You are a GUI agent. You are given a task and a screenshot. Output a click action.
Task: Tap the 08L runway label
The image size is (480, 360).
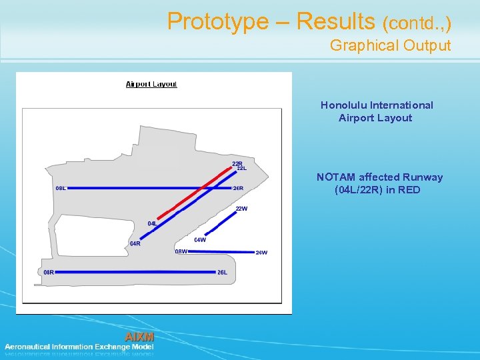(61, 188)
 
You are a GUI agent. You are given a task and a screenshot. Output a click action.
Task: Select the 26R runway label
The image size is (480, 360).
(238, 188)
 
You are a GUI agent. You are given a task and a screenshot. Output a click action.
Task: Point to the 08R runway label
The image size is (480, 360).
(49, 272)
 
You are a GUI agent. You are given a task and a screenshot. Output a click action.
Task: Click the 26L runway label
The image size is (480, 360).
(223, 272)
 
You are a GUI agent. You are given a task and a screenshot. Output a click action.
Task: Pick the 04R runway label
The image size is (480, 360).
(135, 244)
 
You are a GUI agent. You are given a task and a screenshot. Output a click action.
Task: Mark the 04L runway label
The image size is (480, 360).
(152, 223)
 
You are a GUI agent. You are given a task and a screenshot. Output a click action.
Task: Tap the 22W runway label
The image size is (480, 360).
(241, 209)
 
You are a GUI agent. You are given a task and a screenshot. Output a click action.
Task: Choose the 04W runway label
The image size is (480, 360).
(200, 240)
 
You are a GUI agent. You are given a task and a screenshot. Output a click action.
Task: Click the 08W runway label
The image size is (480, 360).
(181, 251)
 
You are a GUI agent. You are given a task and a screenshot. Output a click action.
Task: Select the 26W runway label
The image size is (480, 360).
(261, 253)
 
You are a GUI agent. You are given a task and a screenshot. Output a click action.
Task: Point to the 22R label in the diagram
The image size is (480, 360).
(237, 163)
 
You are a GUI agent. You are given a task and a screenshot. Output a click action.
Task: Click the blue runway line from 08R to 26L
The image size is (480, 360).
(133, 272)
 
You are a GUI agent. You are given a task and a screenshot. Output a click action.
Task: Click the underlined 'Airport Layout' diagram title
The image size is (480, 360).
(152, 84)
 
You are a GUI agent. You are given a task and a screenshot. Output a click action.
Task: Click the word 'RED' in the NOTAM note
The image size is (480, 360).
(409, 190)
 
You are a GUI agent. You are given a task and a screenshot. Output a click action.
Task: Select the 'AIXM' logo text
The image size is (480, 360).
(139, 336)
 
